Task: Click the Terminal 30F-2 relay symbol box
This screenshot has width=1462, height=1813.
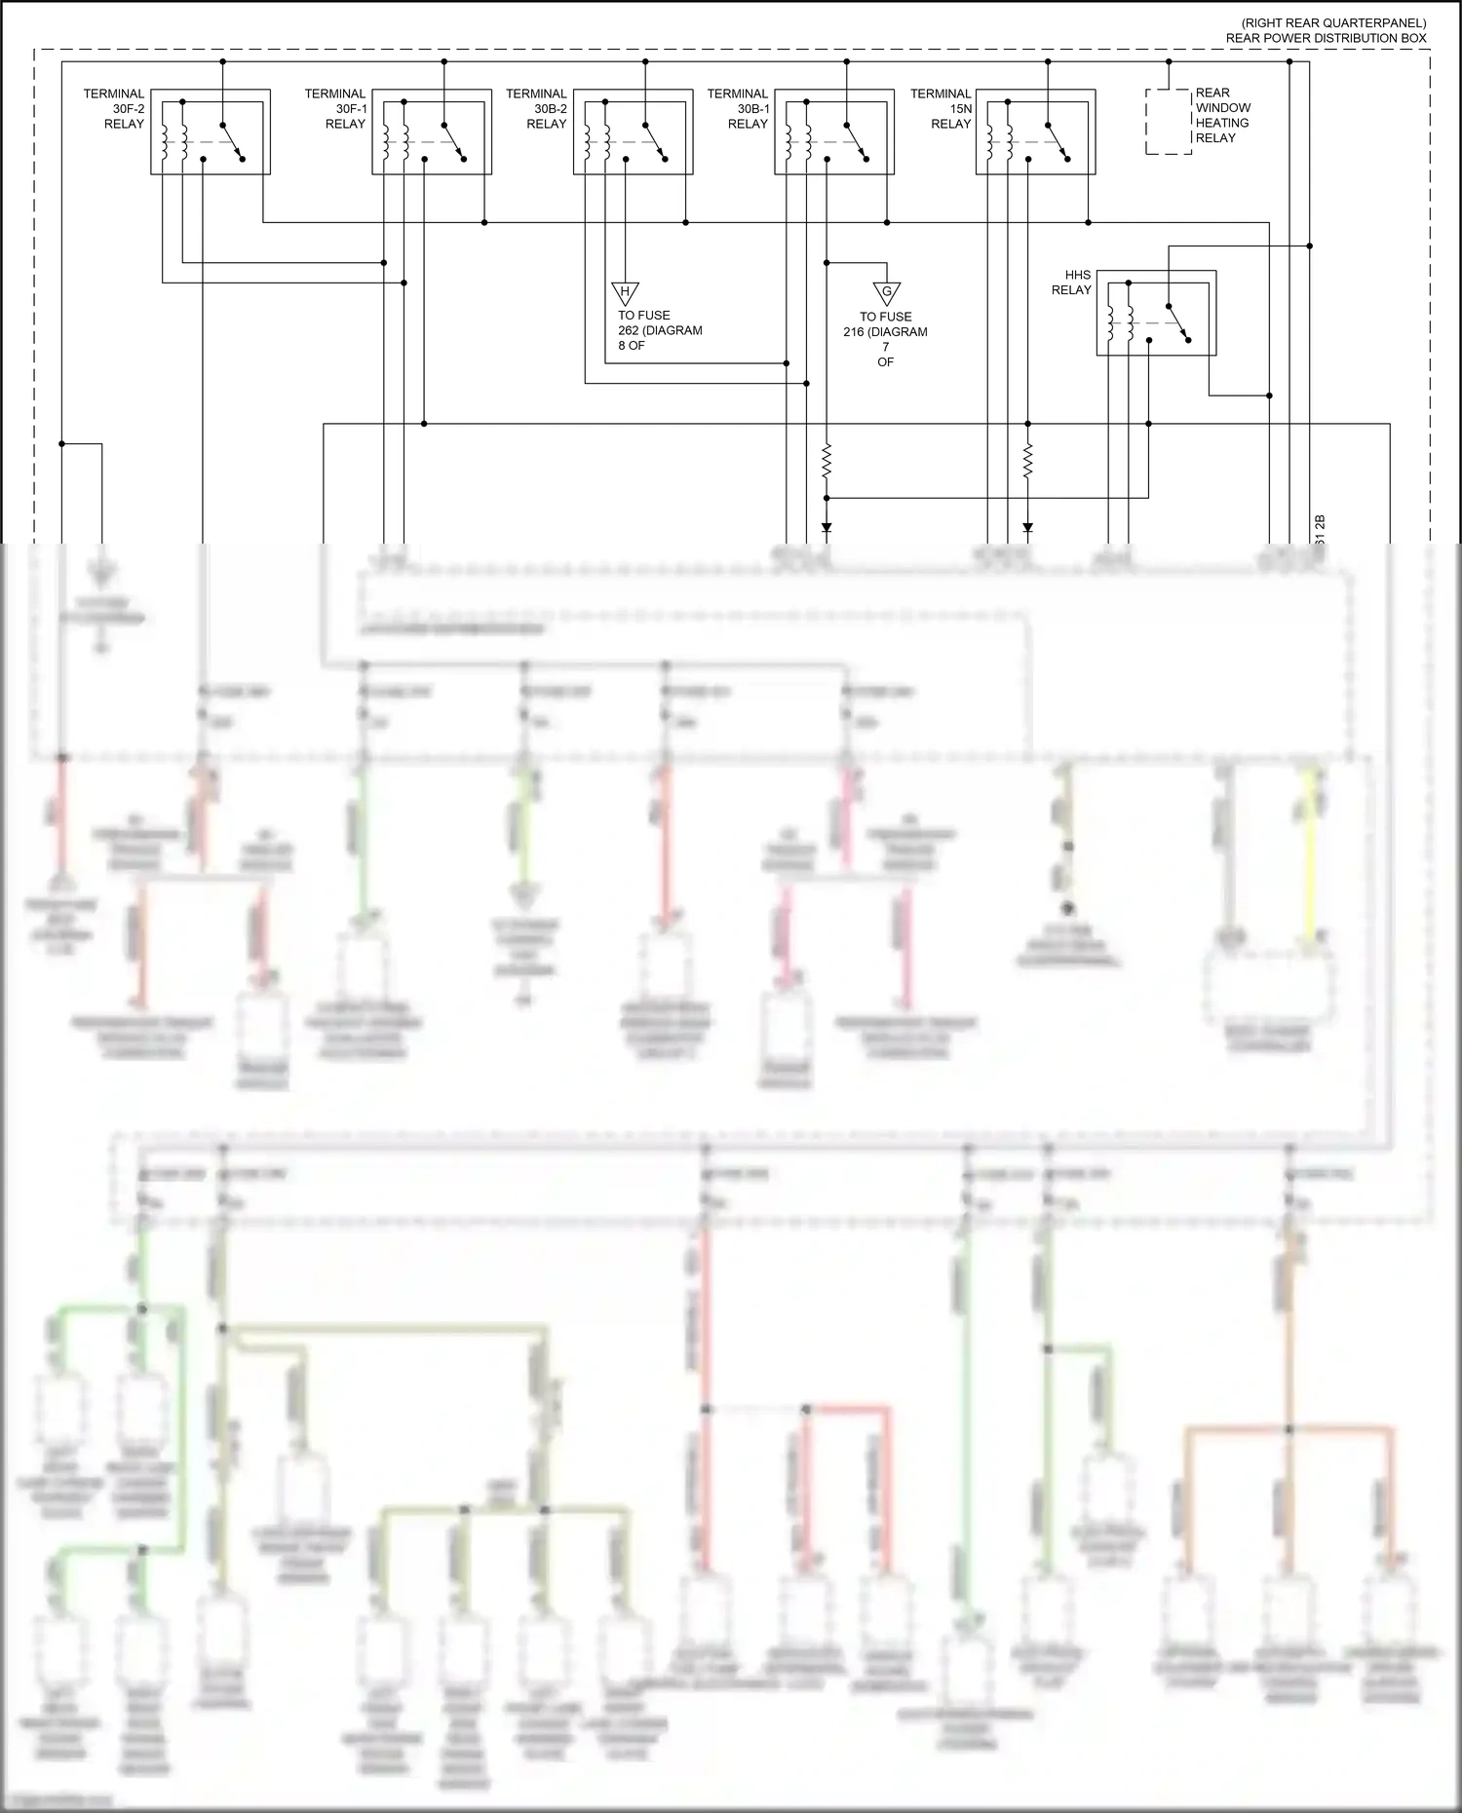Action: click(210, 132)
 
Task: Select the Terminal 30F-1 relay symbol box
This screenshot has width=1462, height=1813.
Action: click(431, 132)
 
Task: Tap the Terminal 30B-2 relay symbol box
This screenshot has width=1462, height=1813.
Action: click(633, 132)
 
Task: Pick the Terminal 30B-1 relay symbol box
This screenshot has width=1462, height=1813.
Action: click(834, 132)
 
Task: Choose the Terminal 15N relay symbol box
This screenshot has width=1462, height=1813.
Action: click(1035, 132)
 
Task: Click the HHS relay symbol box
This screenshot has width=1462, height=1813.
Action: click(1156, 313)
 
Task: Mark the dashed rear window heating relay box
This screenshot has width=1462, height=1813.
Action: click(1168, 122)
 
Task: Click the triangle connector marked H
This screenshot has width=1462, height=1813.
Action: click(625, 292)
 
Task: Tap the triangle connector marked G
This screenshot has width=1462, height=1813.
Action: click(886, 293)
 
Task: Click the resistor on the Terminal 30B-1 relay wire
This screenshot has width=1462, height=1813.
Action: click(827, 461)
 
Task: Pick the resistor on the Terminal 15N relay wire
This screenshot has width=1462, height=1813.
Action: click(1027, 461)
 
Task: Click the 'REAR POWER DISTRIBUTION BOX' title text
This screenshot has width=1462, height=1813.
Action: click(1326, 38)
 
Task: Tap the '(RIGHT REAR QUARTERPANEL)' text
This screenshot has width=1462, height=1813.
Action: click(1333, 23)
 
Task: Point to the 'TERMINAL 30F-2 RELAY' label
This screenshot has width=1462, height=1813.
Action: click(115, 109)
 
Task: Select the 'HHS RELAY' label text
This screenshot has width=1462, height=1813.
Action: click(1071, 283)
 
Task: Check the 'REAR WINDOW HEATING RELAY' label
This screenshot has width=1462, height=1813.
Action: click(1222, 115)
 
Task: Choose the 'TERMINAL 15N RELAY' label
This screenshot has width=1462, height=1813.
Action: click(942, 109)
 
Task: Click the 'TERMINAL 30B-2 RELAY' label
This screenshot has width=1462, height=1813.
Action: click(537, 109)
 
